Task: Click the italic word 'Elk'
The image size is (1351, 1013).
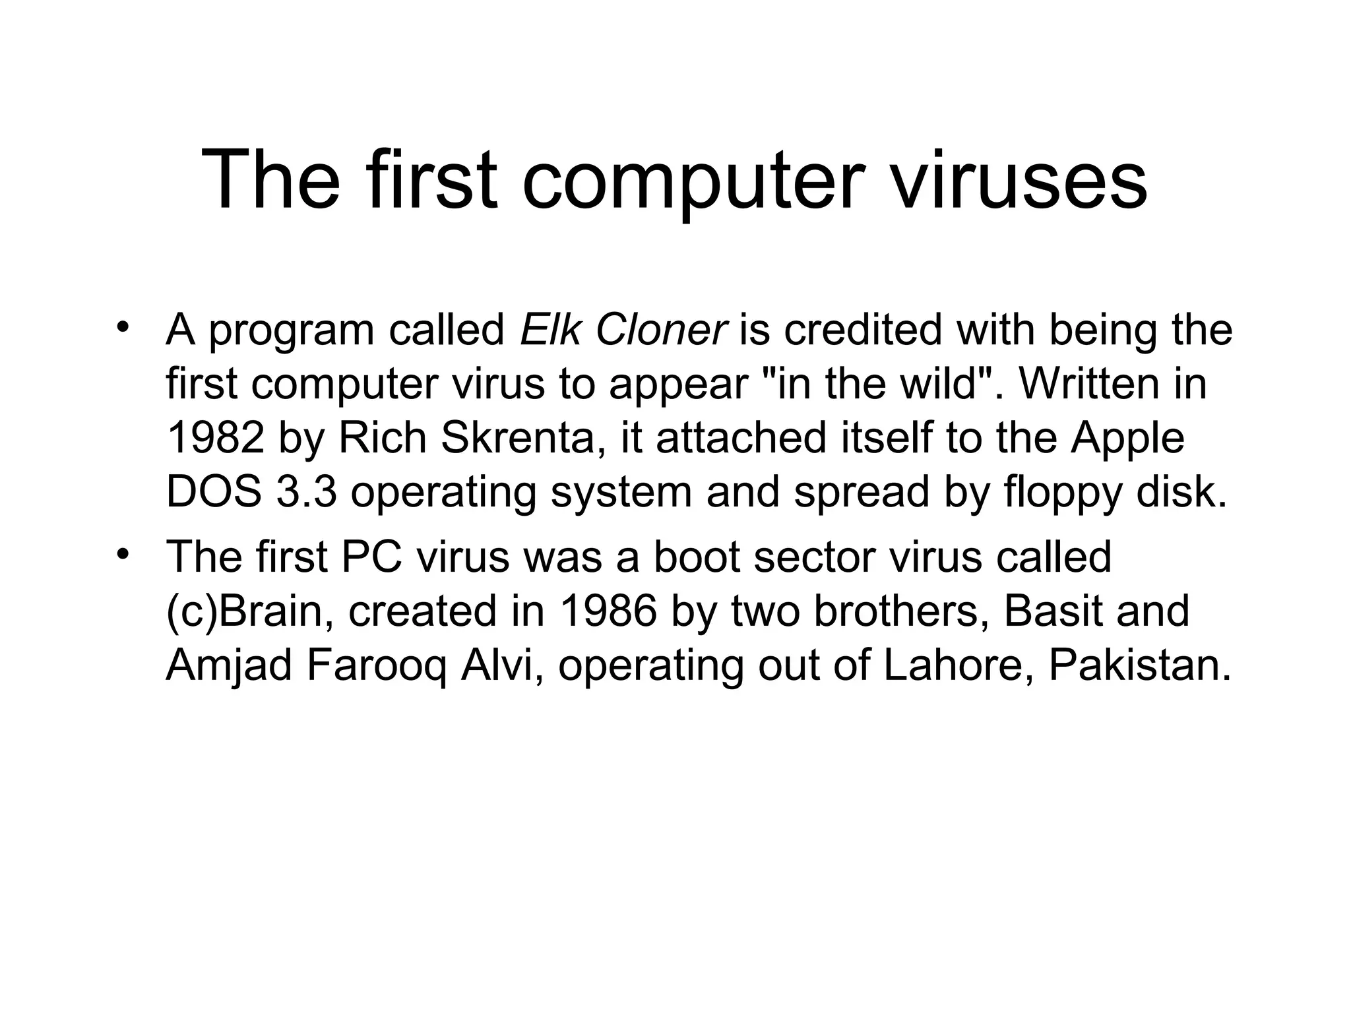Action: pyautogui.click(x=550, y=330)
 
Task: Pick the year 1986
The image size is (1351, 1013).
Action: pyautogui.click(x=608, y=611)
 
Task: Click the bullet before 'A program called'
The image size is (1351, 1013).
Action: pyautogui.click(x=121, y=328)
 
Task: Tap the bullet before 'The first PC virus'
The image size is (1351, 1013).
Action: pyautogui.click(x=121, y=555)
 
